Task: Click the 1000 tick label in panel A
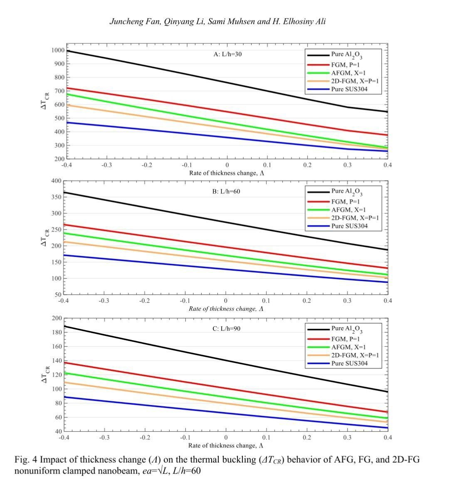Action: coord(58,50)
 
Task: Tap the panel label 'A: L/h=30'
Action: coord(227,54)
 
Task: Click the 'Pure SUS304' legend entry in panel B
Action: coord(349,226)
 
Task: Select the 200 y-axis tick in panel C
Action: coord(57,318)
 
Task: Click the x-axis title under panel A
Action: coord(227,173)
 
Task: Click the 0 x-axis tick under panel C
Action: coord(226,437)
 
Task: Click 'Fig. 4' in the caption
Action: coord(26,460)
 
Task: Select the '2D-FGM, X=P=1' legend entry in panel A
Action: coord(355,81)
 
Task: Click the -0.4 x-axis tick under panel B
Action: coord(64,300)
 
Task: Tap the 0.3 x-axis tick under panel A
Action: coord(347,165)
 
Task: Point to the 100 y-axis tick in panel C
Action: coord(57,389)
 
